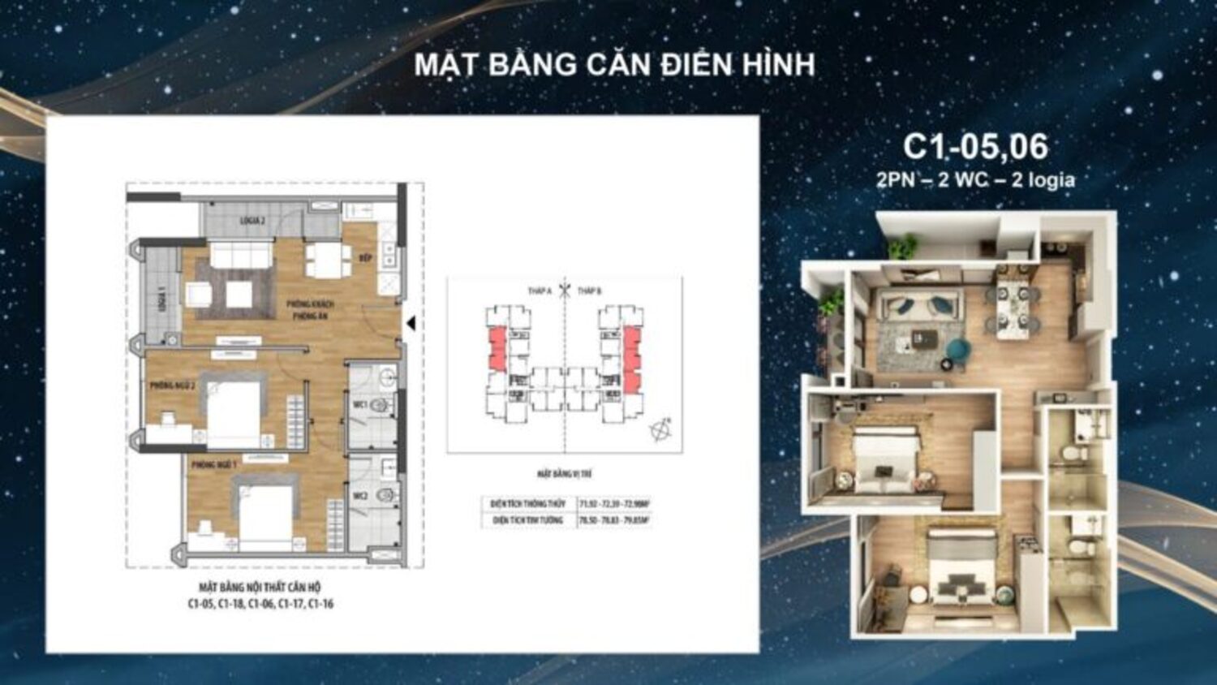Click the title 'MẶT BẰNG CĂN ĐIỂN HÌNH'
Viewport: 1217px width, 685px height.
[614, 65]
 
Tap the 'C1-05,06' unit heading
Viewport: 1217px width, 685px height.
[975, 146]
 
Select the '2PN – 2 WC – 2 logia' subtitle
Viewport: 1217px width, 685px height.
[975, 179]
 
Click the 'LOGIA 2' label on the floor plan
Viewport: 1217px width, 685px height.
[252, 221]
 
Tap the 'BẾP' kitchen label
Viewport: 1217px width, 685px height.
[366, 258]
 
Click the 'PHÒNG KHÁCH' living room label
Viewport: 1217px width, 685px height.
[310, 304]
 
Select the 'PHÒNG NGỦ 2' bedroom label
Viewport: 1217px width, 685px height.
[172, 386]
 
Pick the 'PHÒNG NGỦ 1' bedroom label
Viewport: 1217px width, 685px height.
[214, 465]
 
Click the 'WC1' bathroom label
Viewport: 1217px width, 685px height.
[359, 404]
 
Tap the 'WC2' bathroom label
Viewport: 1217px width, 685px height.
[360, 496]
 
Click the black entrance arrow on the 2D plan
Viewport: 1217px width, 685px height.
[411, 323]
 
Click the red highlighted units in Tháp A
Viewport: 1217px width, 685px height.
[496, 349]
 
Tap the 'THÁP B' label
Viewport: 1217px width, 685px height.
[589, 291]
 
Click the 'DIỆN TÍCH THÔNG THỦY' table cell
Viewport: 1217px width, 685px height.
[528, 504]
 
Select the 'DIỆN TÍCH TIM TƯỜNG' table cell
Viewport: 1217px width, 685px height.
[528, 520]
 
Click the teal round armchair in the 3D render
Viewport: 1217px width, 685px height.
[958, 350]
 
